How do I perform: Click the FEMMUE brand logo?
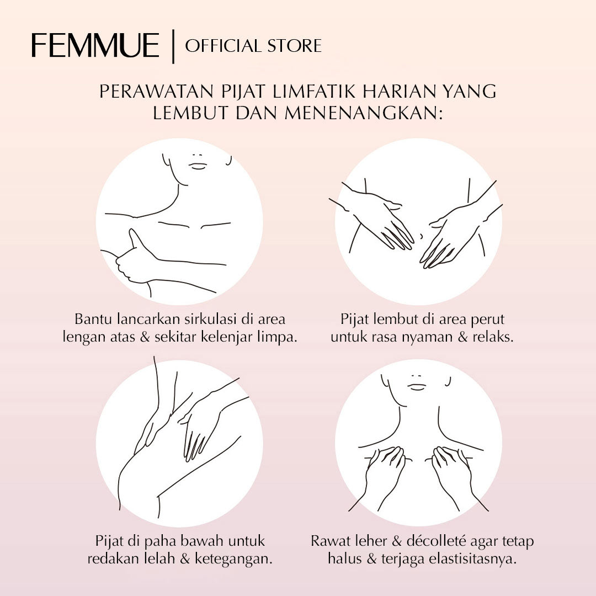click(x=95, y=45)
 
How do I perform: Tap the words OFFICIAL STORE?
click(x=253, y=46)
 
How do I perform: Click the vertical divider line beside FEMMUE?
click(x=173, y=46)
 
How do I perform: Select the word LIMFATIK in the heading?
click(x=314, y=92)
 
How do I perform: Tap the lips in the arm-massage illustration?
click(x=198, y=166)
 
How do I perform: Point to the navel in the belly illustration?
click(x=421, y=236)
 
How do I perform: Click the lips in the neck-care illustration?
click(x=417, y=387)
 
